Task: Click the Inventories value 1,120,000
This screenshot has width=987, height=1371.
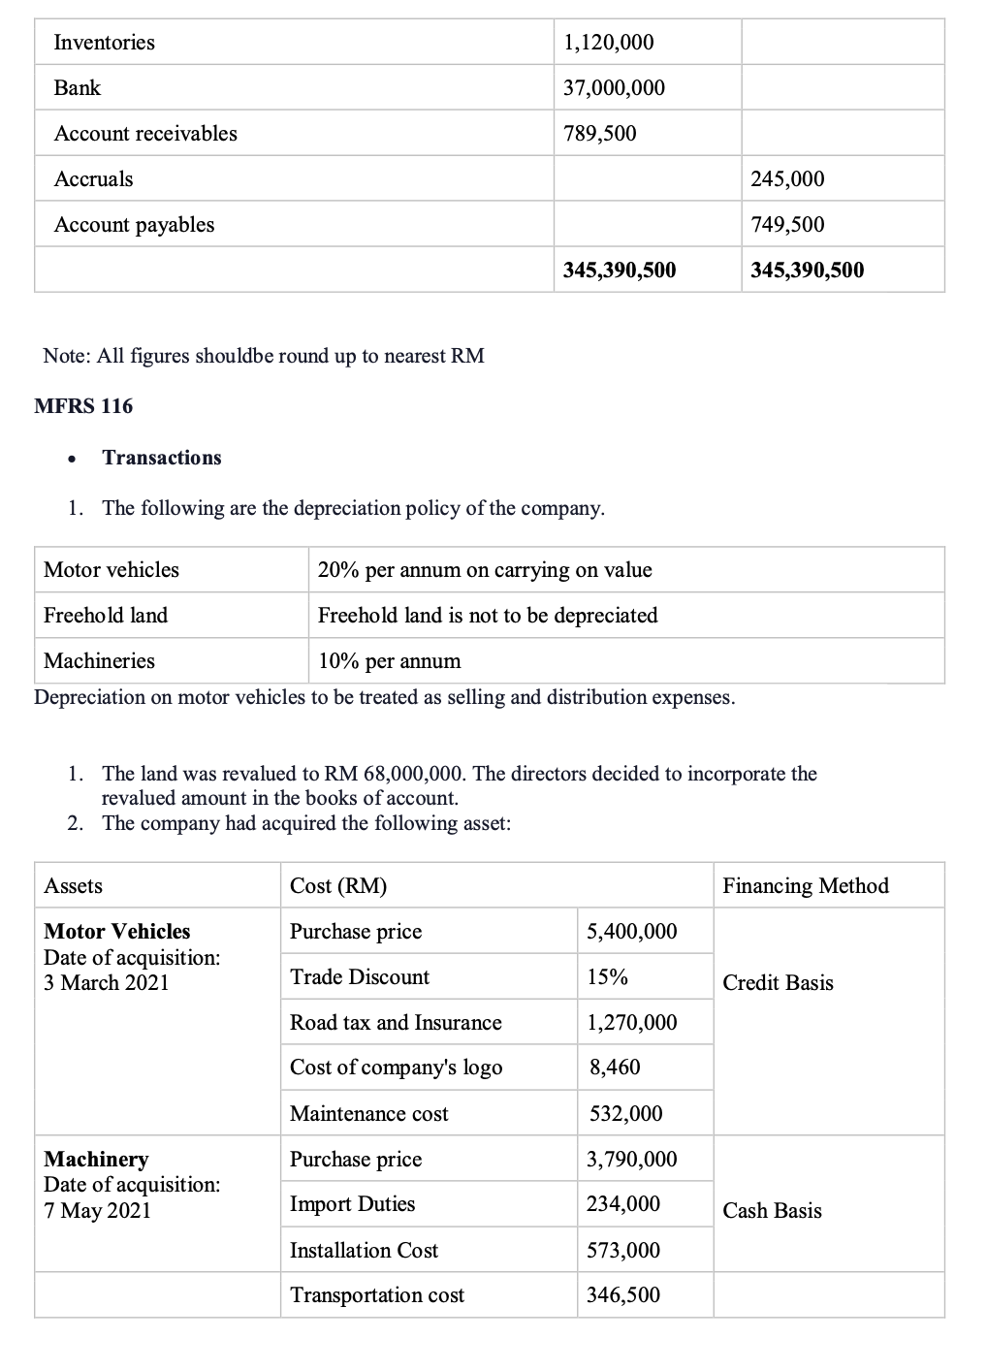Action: [x=609, y=43]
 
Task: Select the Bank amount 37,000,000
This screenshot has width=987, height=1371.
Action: [x=614, y=88]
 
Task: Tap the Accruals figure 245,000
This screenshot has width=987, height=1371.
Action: [x=787, y=179]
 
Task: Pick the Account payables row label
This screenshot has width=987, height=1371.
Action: [x=134, y=225]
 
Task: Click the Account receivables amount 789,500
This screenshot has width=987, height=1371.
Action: [x=600, y=134]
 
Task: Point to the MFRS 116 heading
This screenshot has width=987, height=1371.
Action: [x=83, y=406]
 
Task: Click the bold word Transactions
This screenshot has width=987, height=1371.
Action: [x=162, y=458]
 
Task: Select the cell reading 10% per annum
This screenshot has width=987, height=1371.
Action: [x=390, y=661]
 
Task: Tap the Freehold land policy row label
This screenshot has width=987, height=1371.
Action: [x=106, y=616]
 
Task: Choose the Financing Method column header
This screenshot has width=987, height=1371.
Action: [x=806, y=886]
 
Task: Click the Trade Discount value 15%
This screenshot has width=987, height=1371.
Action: [x=607, y=977]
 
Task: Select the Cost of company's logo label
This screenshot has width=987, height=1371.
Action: [x=396, y=1068]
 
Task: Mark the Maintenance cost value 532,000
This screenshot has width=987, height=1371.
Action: [x=626, y=1114]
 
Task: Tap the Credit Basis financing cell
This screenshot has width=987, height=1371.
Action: [x=778, y=983]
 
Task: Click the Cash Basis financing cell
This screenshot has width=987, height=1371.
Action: [x=772, y=1211]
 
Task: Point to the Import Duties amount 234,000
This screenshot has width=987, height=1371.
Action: [x=623, y=1204]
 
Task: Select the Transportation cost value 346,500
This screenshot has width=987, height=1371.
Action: [x=623, y=1295]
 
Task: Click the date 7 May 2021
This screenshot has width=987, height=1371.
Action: [x=97, y=1211]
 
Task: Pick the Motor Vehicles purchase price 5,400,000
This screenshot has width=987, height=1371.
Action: [x=632, y=932]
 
